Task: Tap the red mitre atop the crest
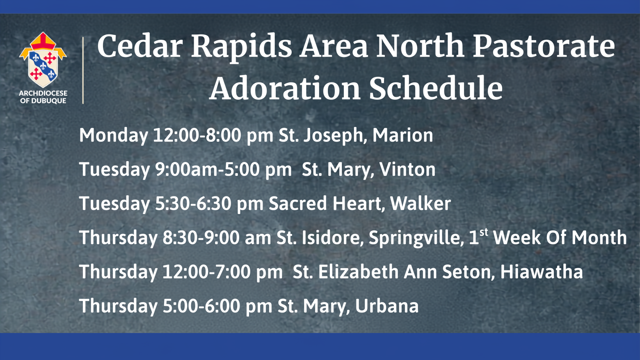pos(43,41)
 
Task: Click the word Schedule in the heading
pos(436,88)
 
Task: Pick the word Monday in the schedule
pos(113,136)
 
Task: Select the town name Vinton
pos(407,169)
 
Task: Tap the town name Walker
pos(420,203)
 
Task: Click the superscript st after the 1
pos(484,232)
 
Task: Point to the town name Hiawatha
pos(542,271)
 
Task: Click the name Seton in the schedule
pos(466,271)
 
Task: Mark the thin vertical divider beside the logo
pos(83,70)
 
